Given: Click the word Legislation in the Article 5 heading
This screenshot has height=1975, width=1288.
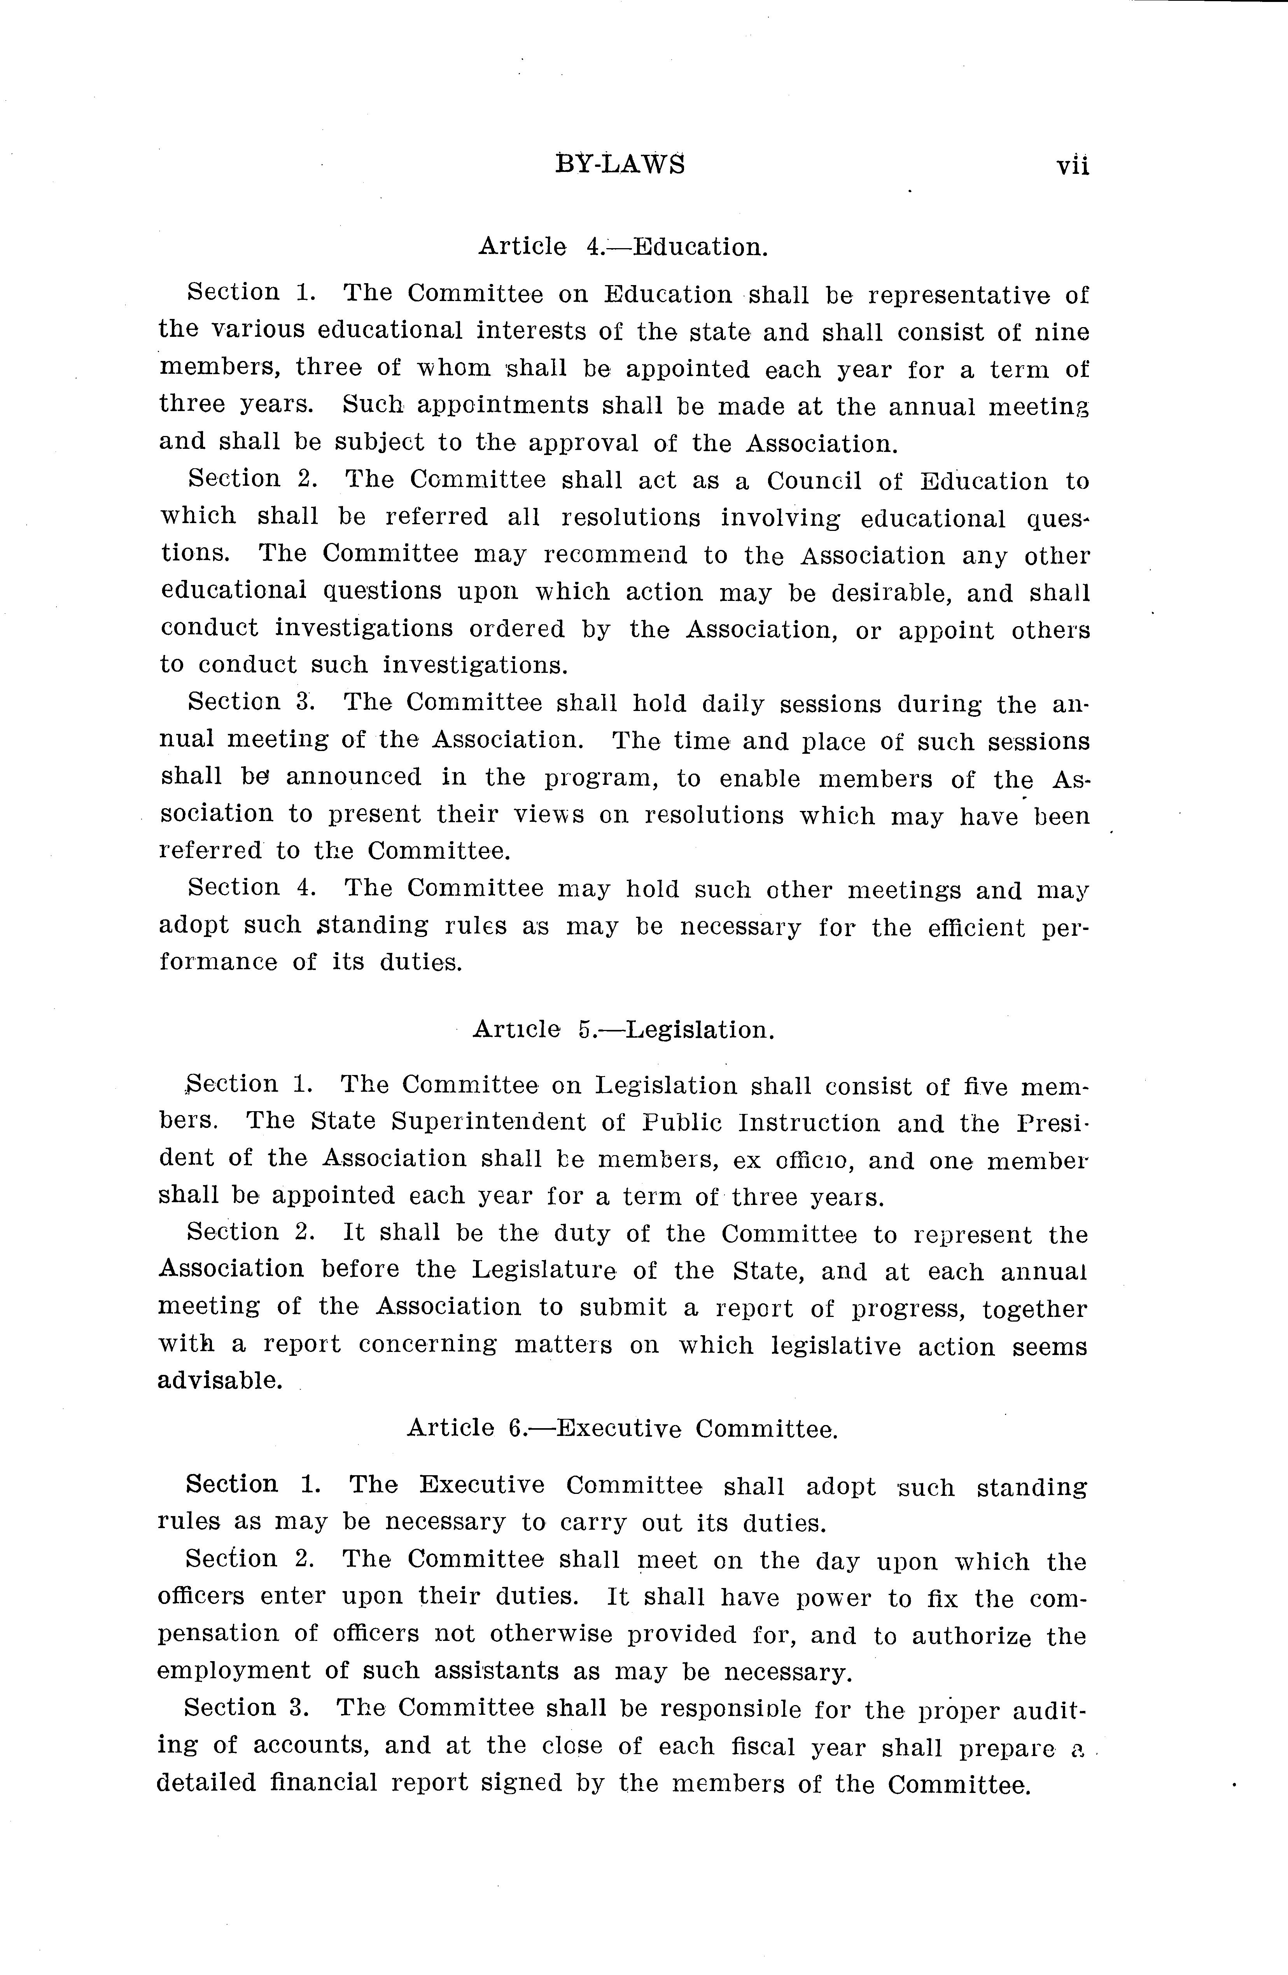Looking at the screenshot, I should coord(700,1030).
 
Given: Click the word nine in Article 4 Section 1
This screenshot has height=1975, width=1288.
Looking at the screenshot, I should coord(1061,333).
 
